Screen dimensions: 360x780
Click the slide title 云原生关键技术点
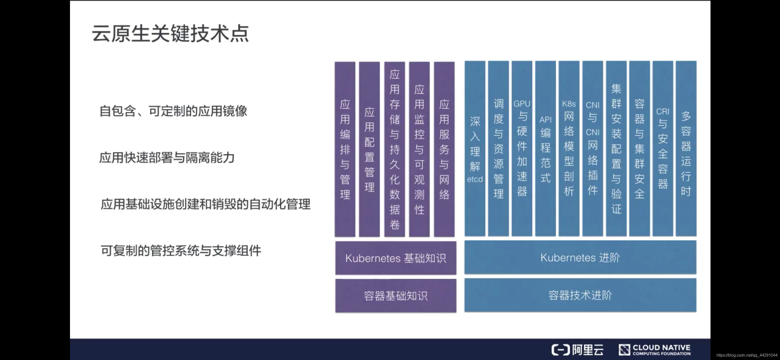click(x=170, y=33)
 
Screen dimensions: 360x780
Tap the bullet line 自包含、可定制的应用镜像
click(x=173, y=111)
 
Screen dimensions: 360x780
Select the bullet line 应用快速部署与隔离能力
click(x=167, y=158)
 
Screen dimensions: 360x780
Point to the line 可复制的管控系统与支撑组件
click(x=181, y=251)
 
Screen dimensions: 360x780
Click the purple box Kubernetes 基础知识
click(x=395, y=258)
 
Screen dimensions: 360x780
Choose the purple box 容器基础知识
click(x=395, y=296)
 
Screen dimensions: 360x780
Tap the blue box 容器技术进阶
click(x=580, y=295)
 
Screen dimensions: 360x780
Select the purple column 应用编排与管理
click(x=345, y=149)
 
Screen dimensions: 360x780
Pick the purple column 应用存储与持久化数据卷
click(x=394, y=149)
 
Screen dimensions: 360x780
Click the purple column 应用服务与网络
click(x=444, y=149)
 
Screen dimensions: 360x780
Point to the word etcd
click(x=475, y=179)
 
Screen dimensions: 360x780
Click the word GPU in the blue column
click(x=522, y=104)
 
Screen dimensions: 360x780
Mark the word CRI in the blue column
click(x=663, y=112)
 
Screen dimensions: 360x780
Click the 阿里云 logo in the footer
click(x=577, y=350)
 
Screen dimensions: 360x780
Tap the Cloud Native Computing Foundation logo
click(x=655, y=350)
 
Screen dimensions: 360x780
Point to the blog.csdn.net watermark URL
click(x=747, y=355)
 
